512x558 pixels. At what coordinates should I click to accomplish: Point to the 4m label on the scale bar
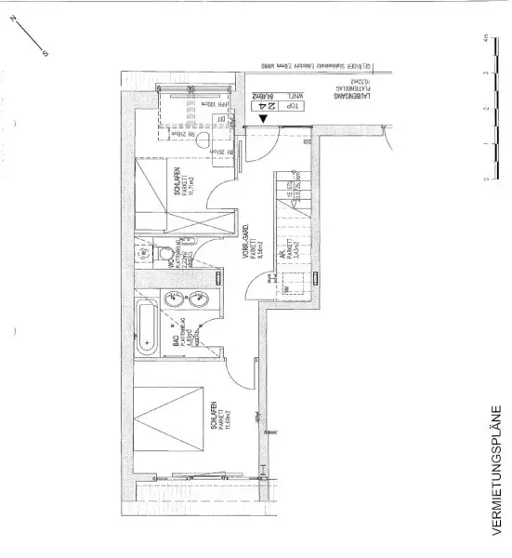coord(486,38)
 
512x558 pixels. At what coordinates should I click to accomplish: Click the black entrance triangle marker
coord(265,119)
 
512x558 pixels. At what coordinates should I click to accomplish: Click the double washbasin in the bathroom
coord(186,299)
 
